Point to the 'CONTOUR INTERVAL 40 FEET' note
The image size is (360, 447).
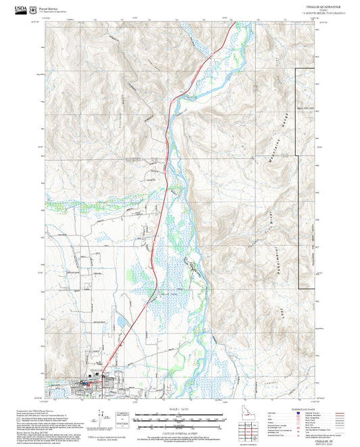179,429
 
